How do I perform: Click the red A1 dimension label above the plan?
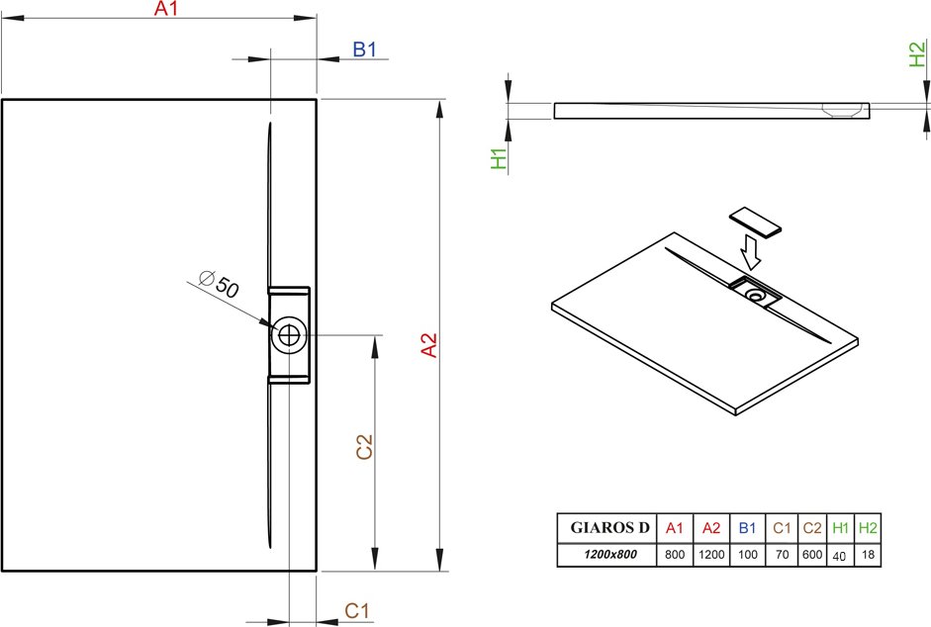165,8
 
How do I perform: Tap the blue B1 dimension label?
364,49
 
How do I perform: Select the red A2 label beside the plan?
429,345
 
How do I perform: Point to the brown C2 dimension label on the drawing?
364,446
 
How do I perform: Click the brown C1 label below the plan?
357,610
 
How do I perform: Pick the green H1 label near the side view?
500,158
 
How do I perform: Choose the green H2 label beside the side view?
917,53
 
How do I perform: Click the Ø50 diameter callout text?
219,284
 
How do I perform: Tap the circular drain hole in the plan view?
289,335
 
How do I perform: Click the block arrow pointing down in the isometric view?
750,252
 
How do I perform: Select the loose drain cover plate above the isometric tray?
755,223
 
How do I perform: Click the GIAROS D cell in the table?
609,527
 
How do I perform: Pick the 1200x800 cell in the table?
609,555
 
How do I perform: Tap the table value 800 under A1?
675,555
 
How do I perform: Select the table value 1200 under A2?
711,555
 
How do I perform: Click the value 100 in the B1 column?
748,555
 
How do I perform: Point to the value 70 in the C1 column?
782,555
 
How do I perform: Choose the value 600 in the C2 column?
812,555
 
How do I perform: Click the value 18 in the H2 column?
868,555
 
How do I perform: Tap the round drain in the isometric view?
757,295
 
